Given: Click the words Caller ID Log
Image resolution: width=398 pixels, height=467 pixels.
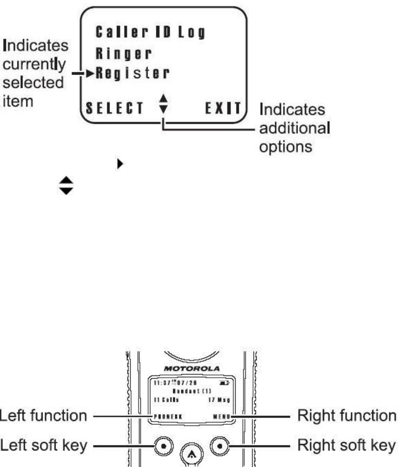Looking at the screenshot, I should pyautogui.click(x=150, y=33).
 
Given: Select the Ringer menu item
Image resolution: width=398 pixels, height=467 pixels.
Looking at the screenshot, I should pyautogui.click(x=123, y=53).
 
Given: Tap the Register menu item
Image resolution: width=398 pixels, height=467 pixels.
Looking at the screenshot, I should pyautogui.click(x=131, y=74).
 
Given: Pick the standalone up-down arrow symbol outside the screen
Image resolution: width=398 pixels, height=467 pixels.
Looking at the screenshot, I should pyautogui.click(x=67, y=186).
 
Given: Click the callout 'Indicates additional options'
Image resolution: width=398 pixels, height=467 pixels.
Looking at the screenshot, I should pyautogui.click(x=295, y=126).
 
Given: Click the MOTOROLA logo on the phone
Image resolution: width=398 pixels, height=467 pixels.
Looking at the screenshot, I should pyautogui.click(x=192, y=368).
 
